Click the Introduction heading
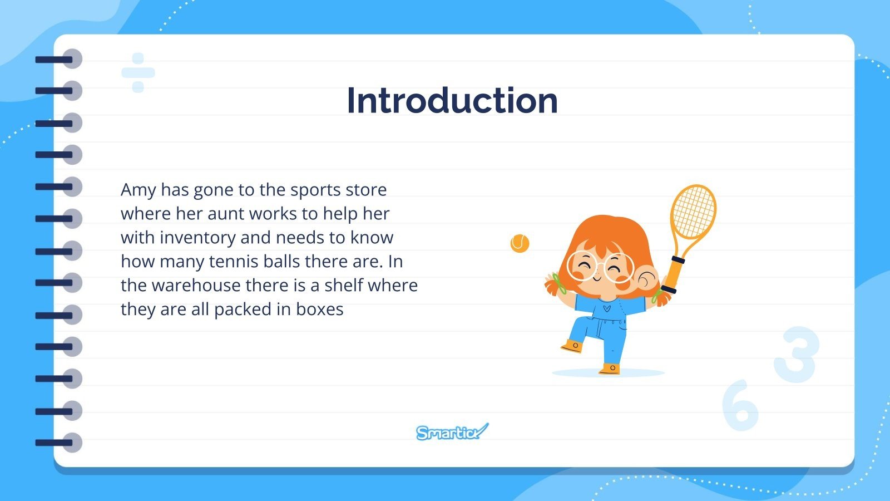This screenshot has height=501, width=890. tap(452, 101)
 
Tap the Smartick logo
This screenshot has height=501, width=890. tap(452, 432)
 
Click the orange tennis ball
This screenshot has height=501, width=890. tap(520, 243)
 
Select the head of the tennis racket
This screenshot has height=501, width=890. tap(693, 212)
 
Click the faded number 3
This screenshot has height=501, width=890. tap(797, 354)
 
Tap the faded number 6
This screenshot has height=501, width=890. tap(740, 405)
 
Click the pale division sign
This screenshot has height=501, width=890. tap(138, 73)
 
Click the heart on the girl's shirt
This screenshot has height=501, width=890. tap(606, 307)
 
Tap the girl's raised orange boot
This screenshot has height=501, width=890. tap(572, 346)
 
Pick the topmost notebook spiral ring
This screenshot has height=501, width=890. tap(59, 59)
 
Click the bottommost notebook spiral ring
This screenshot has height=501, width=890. tap(59, 443)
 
